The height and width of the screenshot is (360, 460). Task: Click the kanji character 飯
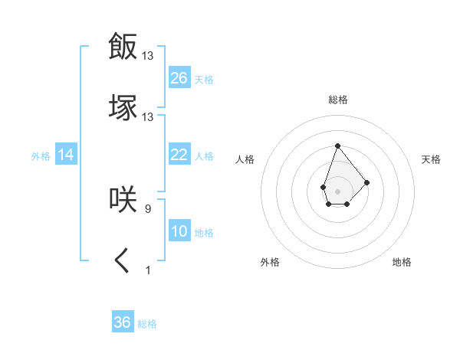(123, 46)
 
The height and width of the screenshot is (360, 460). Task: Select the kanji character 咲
(123, 198)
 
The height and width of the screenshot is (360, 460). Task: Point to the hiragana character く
(123, 261)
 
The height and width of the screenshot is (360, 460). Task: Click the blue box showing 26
(179, 78)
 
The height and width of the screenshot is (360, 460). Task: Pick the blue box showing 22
(179, 155)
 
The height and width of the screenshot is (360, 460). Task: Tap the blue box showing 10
(179, 232)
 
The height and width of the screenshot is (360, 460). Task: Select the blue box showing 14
(66, 155)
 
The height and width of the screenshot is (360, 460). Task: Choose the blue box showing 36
(123, 322)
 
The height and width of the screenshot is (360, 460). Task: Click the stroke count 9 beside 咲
(148, 208)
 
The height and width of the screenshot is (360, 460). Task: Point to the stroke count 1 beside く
(148, 270)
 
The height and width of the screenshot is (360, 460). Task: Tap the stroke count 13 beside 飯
(148, 55)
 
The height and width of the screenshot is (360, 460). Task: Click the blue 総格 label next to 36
(147, 324)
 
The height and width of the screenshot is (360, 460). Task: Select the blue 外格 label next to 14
(41, 156)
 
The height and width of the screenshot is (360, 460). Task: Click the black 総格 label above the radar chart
(338, 100)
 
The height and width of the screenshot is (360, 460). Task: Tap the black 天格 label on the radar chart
(432, 159)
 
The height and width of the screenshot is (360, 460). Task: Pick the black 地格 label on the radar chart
(402, 262)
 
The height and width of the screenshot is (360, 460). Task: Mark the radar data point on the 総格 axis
(337, 146)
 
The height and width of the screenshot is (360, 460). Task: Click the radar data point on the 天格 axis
(367, 182)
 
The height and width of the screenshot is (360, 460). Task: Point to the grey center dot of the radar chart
(337, 191)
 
